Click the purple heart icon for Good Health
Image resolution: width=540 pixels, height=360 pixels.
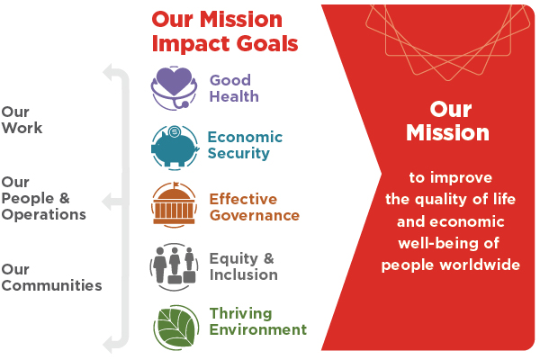tap(174, 88)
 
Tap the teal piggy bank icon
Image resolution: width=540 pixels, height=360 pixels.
tap(175, 148)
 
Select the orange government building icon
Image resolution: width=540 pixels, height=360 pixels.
tap(174, 205)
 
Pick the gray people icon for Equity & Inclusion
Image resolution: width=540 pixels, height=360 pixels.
tap(174, 267)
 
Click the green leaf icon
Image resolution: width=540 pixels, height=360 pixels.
tap(176, 328)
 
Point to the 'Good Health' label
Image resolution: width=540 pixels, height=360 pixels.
tap(234, 88)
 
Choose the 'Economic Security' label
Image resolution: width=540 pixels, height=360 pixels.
tap(245, 145)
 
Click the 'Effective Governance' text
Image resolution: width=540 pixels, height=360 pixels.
tap(255, 207)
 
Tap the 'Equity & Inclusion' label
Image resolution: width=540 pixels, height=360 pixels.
tap(244, 266)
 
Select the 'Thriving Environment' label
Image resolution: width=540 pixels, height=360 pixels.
tap(258, 321)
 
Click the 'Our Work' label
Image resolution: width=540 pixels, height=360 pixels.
tap(22, 120)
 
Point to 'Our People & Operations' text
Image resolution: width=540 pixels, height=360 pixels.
tap(43, 198)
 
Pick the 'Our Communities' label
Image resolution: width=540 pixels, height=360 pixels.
tap(51, 277)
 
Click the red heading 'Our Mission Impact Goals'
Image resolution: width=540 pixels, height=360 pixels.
tap(225, 31)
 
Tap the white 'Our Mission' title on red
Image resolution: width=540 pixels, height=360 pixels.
tap(447, 121)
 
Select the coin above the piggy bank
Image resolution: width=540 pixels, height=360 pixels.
tap(175, 131)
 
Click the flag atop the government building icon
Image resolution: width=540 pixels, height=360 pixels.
tap(176, 184)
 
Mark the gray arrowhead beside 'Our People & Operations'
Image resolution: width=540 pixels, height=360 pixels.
tap(107, 202)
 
